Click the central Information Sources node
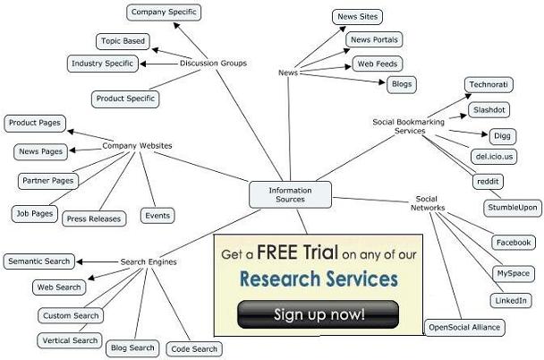pyautogui.click(x=289, y=194)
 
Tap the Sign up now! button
pyautogui.click(x=318, y=314)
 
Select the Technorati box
pyautogui.click(x=490, y=85)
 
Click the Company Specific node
pyautogui.click(x=163, y=13)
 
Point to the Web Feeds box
pyautogui.click(x=377, y=64)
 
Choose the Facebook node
pyautogui.click(x=514, y=243)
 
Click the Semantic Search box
pyautogui.click(x=38, y=261)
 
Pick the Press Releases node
pyautogui.click(x=94, y=219)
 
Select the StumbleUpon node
pyautogui.click(x=513, y=208)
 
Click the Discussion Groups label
pyautogui.click(x=213, y=63)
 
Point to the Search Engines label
pyautogui.click(x=149, y=262)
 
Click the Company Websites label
pyautogui.click(x=137, y=145)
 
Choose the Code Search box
pyautogui.click(x=192, y=348)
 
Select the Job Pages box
pyautogui.click(x=34, y=213)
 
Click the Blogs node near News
pyautogui.click(x=401, y=84)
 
